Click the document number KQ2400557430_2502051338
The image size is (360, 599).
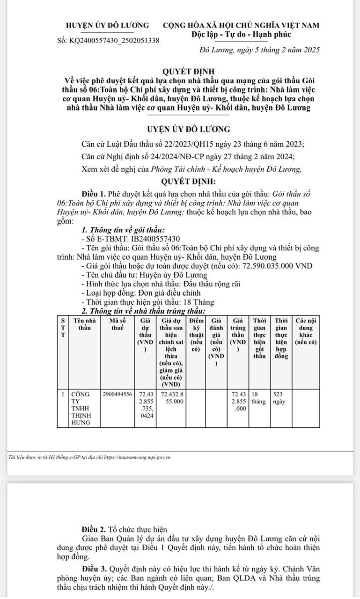(x=114, y=41)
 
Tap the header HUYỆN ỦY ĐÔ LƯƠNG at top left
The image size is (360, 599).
(x=108, y=25)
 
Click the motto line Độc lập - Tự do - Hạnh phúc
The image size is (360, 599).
(x=241, y=34)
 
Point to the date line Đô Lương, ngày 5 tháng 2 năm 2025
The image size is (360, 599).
(x=259, y=50)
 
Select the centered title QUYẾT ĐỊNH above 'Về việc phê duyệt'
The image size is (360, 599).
(x=187, y=71)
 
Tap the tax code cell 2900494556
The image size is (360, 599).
(x=118, y=394)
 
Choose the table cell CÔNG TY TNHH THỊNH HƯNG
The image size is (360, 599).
(x=80, y=408)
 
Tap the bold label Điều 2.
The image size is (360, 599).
(x=94, y=530)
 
